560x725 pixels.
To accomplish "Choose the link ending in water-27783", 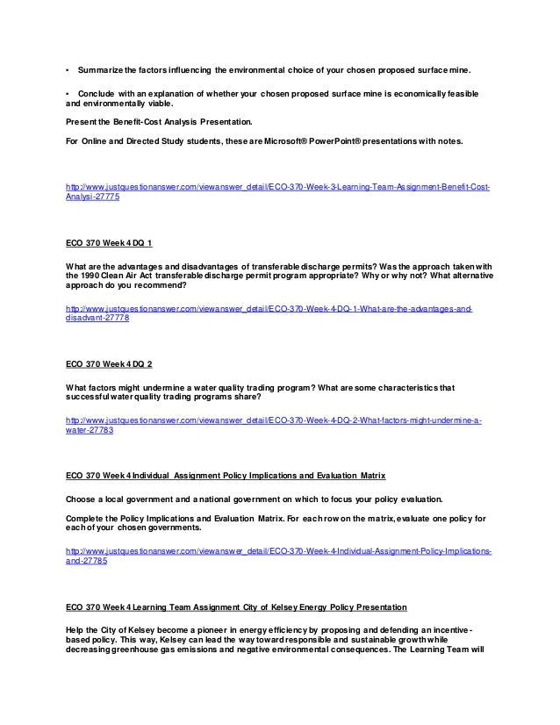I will coord(90,431).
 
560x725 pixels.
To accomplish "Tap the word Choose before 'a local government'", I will coord(82,498).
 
